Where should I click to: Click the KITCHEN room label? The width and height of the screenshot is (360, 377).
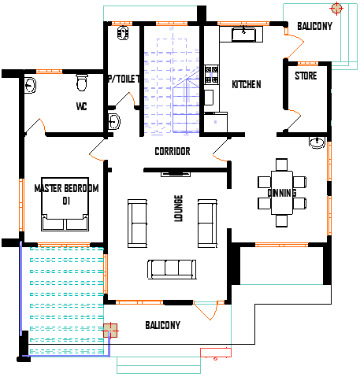point(247,84)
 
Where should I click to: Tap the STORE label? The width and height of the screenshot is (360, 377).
point(306,76)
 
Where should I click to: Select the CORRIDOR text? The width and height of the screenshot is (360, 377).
point(173,151)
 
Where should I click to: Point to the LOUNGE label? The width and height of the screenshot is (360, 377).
point(178,209)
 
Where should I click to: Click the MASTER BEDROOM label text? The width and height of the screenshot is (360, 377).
point(66,188)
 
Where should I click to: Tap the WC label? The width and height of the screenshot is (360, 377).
point(81,106)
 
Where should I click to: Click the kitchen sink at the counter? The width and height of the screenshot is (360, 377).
point(243,35)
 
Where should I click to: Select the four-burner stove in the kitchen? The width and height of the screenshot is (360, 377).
point(211,75)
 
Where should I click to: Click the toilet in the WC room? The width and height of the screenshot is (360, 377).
point(82,83)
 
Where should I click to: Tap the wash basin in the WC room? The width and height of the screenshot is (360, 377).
point(30,85)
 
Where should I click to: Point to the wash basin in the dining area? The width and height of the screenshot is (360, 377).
point(317,142)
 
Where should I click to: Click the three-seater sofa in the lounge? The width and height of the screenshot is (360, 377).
point(172,269)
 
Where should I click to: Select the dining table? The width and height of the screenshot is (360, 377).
point(282,193)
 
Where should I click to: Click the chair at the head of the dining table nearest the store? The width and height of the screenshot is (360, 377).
point(281,164)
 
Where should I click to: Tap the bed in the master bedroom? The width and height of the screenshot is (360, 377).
point(65,205)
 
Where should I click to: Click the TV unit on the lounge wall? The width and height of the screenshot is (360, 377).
point(176,174)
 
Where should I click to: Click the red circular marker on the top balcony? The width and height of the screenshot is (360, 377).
point(336,9)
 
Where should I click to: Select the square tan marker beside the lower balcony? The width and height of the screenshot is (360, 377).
point(110,331)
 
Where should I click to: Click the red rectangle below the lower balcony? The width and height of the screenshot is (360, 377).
point(216,353)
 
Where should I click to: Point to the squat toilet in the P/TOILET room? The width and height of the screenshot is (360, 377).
point(123,33)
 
